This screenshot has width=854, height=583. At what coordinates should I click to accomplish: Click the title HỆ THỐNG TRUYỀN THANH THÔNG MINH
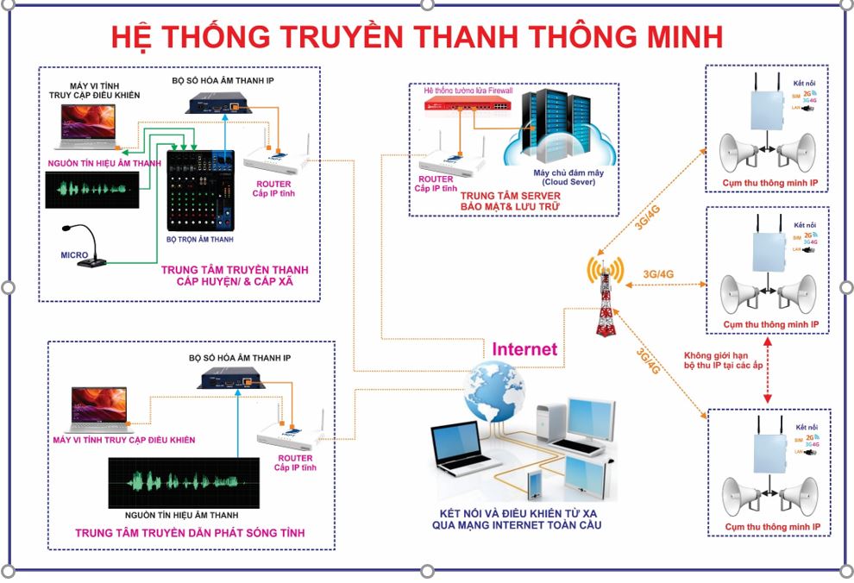[417, 37]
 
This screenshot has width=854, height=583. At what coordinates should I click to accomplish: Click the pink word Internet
[524, 349]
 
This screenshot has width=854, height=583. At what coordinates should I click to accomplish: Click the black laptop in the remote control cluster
[463, 449]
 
